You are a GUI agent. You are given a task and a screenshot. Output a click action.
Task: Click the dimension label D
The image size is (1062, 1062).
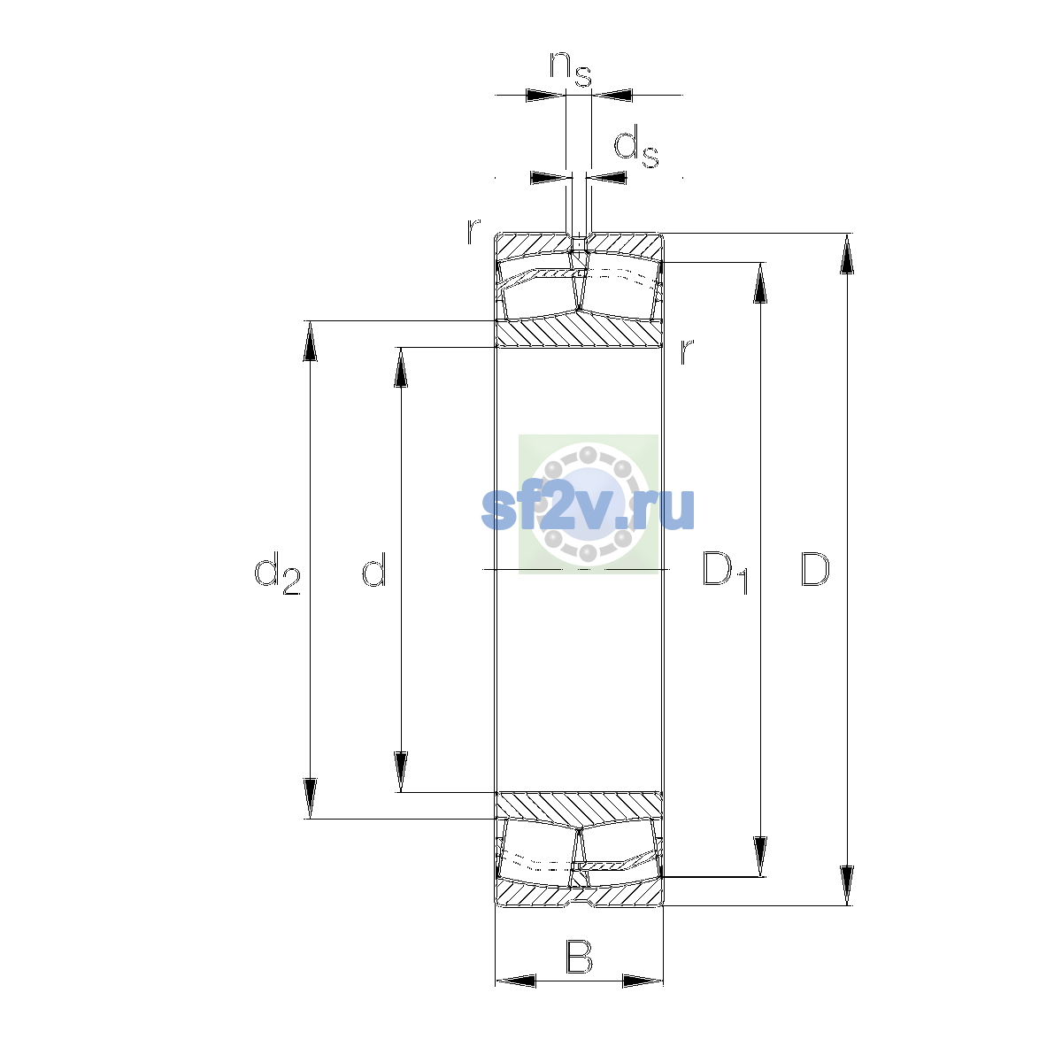tap(814, 569)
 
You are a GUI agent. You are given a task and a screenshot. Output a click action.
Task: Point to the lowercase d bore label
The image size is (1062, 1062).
tap(373, 568)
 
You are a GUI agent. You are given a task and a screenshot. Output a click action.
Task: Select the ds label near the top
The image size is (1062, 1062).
tap(636, 146)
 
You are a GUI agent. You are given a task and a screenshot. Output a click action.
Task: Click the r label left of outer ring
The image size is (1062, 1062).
tap(473, 232)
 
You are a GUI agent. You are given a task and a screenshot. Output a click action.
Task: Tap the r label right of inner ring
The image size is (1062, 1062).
tap(686, 351)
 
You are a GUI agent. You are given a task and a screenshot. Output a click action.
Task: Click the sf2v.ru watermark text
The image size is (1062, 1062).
tap(588, 510)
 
